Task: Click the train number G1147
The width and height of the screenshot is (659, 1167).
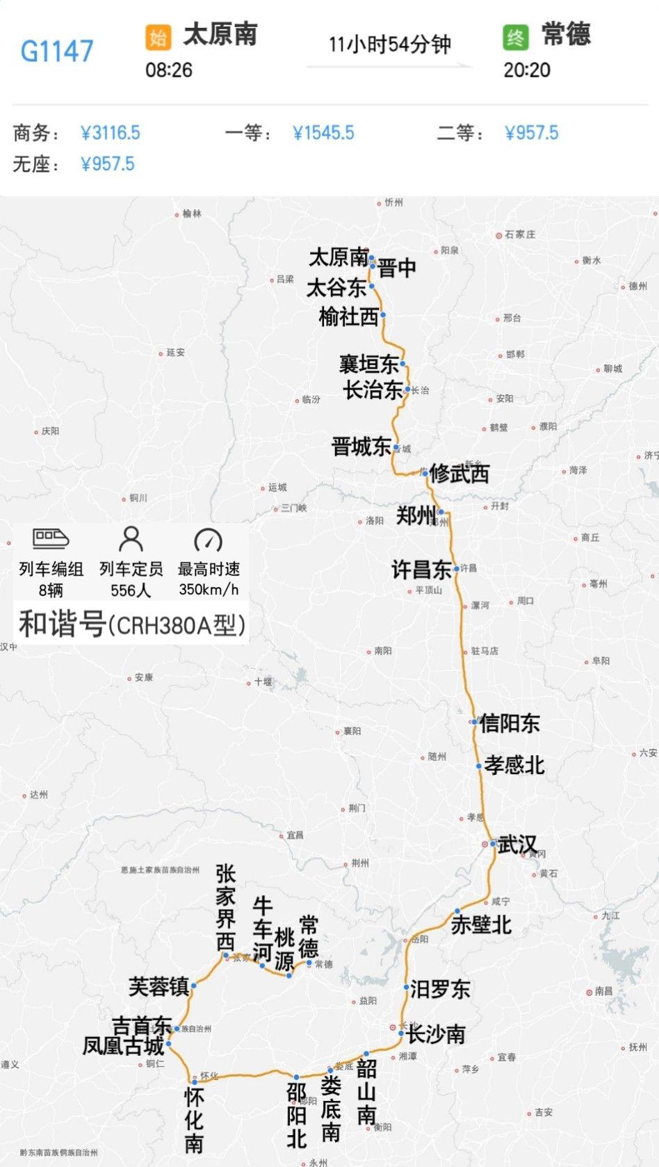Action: [56, 51]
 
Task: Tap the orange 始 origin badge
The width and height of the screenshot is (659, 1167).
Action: [158, 37]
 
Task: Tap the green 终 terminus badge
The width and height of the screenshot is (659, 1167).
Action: [515, 37]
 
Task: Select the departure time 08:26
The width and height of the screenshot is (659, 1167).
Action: [168, 70]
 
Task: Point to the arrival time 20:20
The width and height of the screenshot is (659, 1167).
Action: [526, 70]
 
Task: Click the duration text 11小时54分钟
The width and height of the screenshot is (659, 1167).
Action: [389, 45]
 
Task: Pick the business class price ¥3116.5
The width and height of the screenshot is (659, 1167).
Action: [111, 133]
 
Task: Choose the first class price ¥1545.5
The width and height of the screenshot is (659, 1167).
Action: [323, 133]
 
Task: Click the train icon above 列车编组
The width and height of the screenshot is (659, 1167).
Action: [51, 538]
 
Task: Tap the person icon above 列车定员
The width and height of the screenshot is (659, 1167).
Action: [131, 539]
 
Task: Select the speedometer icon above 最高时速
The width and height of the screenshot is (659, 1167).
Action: [208, 540]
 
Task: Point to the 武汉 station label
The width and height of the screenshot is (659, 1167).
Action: [517, 845]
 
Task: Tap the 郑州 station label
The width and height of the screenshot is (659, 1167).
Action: [416, 515]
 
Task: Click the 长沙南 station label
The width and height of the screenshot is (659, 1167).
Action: [436, 1034]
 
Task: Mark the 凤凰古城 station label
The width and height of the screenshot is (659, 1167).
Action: [123, 1046]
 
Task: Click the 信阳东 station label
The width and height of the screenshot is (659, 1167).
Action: [510, 723]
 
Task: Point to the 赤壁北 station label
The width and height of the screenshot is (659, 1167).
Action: [481, 925]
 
